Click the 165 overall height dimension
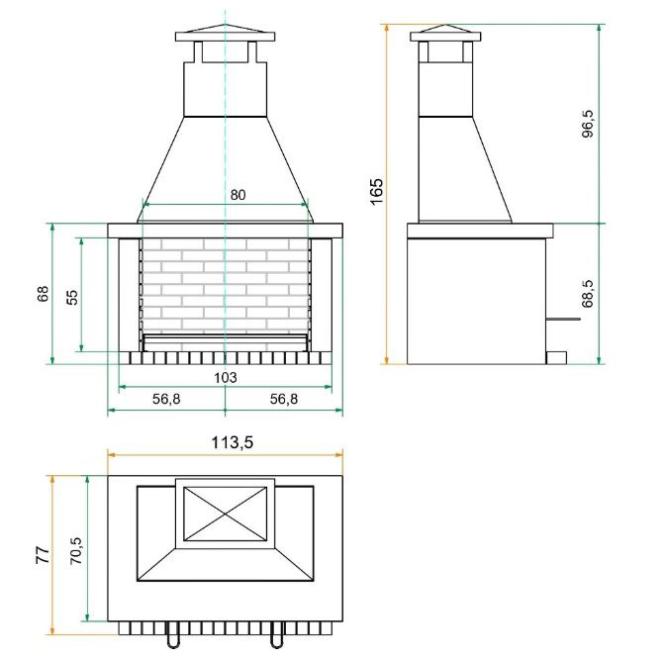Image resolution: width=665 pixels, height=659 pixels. (376, 192)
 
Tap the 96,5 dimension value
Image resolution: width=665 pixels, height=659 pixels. (588, 124)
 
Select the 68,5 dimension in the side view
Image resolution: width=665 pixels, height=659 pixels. (588, 294)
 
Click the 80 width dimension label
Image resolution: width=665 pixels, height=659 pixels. (237, 195)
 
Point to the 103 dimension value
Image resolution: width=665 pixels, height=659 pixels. (226, 377)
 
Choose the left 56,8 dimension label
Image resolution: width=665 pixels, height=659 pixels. (166, 399)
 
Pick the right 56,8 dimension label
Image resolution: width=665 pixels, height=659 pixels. (284, 399)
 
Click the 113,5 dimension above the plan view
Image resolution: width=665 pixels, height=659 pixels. (233, 442)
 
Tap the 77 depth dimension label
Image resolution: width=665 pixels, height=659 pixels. (43, 555)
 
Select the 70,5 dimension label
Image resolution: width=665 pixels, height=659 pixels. (76, 550)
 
